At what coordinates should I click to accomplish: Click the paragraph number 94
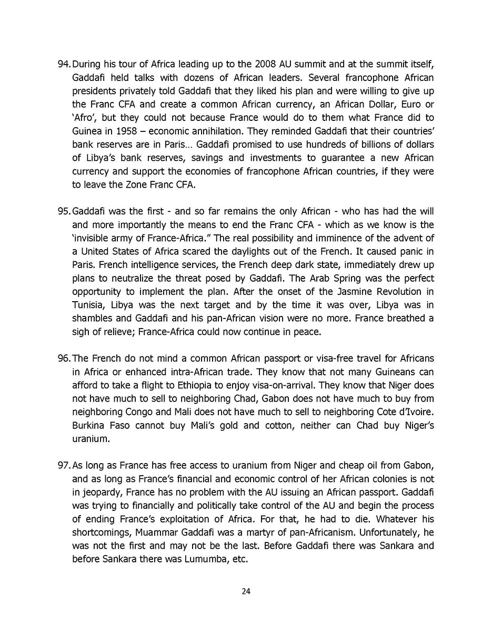(x=63, y=65)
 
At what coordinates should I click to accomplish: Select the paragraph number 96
(x=63, y=358)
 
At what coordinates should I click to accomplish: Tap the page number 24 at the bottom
(x=246, y=591)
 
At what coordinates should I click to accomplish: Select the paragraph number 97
(x=63, y=465)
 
